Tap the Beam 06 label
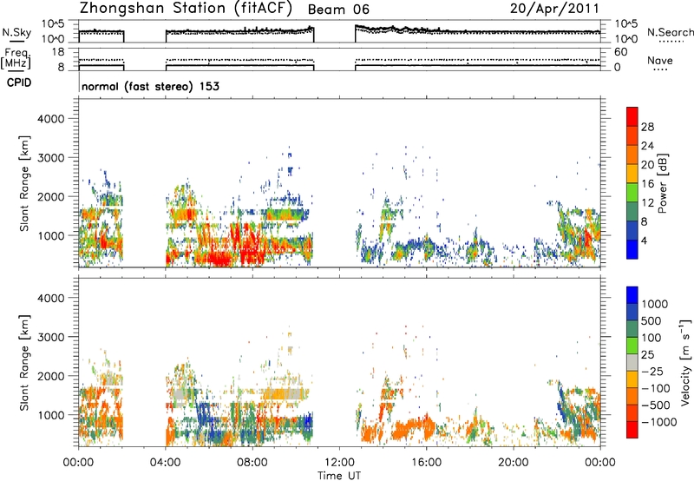338,10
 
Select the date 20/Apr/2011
554,9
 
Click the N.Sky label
16,32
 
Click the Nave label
660,60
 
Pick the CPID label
19,82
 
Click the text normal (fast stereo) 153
150,86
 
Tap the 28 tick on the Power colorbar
647,127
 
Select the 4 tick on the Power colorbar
644,240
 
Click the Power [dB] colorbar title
663,183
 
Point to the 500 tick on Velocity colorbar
651,320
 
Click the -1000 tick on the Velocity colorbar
659,422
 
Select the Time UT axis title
339,476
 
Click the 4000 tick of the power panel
51,119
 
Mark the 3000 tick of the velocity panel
51,337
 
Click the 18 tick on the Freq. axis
59,52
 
